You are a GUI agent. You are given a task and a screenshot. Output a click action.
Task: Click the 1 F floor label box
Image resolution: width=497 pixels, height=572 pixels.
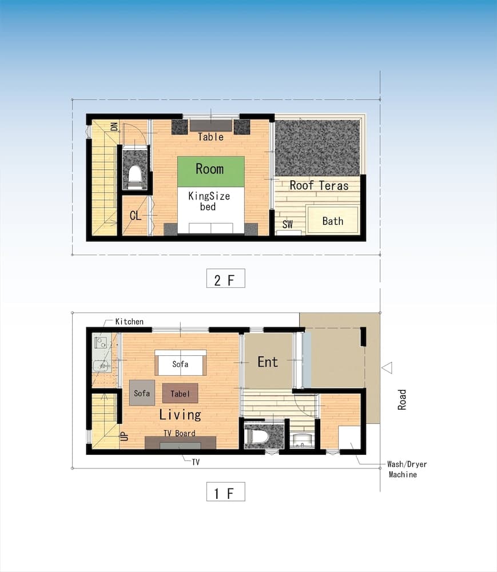[x=225, y=492]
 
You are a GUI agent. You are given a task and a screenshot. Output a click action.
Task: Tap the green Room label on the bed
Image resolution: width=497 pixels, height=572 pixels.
[x=210, y=169]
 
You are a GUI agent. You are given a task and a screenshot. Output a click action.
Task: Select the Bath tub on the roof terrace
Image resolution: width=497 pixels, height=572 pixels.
[x=332, y=221]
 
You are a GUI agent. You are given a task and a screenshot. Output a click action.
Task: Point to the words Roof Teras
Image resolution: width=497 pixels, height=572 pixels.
[x=319, y=185]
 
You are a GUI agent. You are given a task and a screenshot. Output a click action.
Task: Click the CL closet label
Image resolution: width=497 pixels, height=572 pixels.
[x=135, y=216]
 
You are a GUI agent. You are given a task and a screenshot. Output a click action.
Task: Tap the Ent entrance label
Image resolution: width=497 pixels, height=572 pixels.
[x=268, y=362]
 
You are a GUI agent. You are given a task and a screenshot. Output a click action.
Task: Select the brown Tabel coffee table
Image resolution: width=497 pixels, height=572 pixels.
[x=180, y=394]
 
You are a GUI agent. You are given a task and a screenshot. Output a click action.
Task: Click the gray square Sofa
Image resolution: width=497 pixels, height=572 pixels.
[x=142, y=393]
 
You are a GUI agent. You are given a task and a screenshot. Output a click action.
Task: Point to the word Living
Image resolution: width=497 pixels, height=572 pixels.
[x=180, y=415]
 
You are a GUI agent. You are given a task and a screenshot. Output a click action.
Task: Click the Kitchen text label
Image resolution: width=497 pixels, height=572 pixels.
[x=129, y=321]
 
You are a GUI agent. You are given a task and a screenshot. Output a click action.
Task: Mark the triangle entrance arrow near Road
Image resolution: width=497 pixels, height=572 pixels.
[x=387, y=367]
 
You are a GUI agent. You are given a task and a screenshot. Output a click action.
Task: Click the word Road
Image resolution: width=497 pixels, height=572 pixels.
[x=403, y=399]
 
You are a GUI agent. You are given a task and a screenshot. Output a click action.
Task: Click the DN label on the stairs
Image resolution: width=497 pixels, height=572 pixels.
[x=114, y=126]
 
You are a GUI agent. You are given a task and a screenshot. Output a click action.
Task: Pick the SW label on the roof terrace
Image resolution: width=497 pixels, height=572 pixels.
[x=288, y=225]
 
